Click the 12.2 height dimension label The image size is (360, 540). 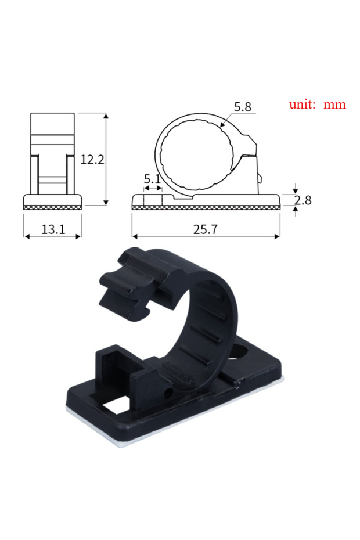pos(92,160)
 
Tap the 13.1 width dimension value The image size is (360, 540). pos(53,229)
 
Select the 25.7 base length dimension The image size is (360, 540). pos(206,229)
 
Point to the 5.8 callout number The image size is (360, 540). pos(243,107)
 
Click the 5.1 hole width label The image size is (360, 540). pos(152,179)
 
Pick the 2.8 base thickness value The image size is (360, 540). pos(303,200)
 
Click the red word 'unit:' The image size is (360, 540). pos(302,104)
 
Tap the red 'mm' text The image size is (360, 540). pos(334,105)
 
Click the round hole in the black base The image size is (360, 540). pos(239,352)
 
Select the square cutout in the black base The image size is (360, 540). pos(116,406)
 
